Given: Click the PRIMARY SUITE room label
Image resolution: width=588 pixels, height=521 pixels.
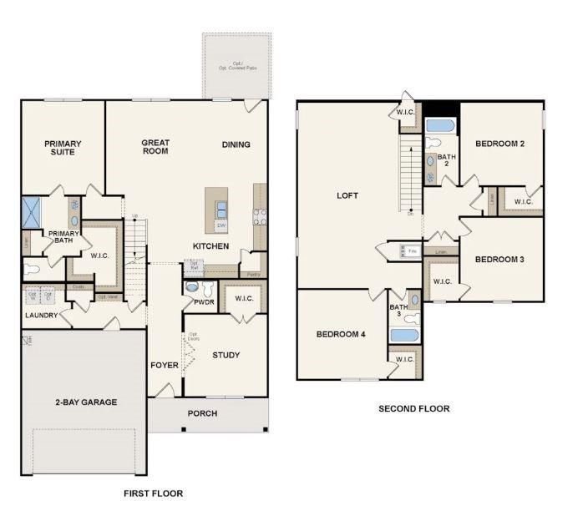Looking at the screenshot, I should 63,148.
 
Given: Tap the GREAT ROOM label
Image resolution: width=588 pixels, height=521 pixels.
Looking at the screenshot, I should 155,147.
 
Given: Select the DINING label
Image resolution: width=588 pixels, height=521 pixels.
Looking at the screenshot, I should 236,144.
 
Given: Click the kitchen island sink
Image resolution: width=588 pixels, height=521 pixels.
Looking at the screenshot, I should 221,208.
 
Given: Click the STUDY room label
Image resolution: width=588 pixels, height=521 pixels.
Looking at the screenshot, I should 226,355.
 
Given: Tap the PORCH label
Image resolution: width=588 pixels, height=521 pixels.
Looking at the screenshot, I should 202,413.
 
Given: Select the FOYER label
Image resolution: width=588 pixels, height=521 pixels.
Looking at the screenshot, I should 164,365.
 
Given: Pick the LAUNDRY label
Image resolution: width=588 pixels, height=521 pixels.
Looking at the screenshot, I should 40,315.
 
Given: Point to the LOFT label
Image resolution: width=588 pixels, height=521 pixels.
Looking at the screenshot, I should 347,195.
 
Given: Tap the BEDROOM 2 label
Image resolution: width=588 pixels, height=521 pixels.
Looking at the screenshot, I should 499,144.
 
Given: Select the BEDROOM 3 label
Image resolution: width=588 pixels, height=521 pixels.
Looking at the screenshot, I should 499,259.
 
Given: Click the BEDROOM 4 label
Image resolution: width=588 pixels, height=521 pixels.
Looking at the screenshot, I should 341,334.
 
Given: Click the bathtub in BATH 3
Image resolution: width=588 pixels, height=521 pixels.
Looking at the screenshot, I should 404,336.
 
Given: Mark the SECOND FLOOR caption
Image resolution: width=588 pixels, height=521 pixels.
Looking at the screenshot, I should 413,408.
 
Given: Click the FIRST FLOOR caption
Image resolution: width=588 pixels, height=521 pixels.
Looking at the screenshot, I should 153,493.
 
